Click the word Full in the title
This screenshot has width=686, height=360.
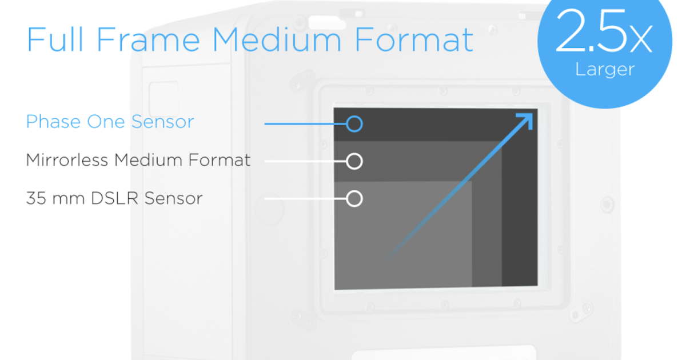pos(55,39)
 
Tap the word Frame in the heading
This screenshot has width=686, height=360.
pos(148,39)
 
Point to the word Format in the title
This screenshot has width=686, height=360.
pos(414,39)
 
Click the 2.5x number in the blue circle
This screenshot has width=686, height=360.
pos(604,31)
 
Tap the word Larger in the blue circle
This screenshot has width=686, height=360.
pos(605,70)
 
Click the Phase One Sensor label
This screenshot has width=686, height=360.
pos(110,122)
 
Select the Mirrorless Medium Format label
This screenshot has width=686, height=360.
pos(138,160)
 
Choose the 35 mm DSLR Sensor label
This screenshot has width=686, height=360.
pos(114,198)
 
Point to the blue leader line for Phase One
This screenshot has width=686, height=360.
pos(305,124)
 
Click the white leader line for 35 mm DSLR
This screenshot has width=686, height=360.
pos(305,199)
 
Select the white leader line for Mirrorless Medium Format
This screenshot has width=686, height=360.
pos(305,161)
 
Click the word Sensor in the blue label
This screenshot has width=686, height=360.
pos(162,122)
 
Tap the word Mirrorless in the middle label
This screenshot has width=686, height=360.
pos(67,160)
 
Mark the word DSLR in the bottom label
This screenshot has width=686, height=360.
pos(114,198)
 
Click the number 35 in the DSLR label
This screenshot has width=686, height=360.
pos(36,198)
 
